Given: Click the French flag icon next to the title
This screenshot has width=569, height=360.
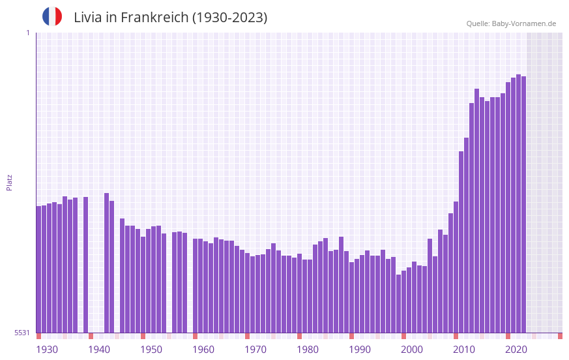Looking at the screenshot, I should pyautogui.click(x=52, y=16).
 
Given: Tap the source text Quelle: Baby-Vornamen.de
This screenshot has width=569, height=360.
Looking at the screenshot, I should pyautogui.click(x=511, y=23).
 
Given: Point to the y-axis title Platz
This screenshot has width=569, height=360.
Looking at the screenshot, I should pyautogui.click(x=9, y=182).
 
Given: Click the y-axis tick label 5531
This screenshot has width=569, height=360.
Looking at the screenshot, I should pyautogui.click(x=22, y=333).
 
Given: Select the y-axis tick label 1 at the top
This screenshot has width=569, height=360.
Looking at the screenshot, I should pyautogui.click(x=27, y=33).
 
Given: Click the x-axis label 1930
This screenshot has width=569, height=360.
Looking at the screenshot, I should pyautogui.click(x=47, y=350).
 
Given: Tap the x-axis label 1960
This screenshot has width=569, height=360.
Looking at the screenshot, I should pyautogui.click(x=203, y=350).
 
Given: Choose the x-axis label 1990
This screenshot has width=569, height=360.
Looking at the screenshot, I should pyautogui.click(x=360, y=350).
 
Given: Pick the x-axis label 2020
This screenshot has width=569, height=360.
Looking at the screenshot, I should pyautogui.click(x=516, y=350).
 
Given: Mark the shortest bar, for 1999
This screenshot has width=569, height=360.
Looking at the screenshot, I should pyautogui.click(x=398, y=303).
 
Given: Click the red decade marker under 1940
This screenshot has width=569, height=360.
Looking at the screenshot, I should pyautogui.click(x=91, y=336).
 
